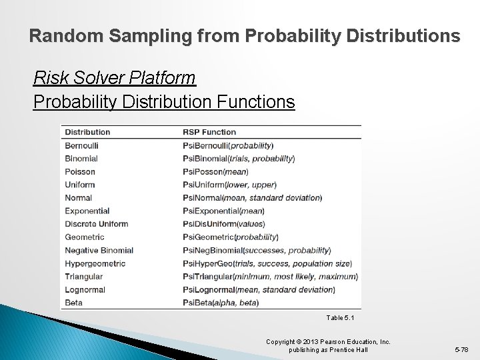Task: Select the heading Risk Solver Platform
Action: (114, 79)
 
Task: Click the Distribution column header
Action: (87, 132)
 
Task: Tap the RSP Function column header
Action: (209, 132)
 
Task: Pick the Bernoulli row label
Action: (81, 145)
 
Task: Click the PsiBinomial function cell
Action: (238, 159)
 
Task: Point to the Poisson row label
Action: (80, 171)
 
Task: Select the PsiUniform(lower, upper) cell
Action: (229, 185)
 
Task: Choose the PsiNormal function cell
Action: (251, 198)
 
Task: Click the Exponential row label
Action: (87, 211)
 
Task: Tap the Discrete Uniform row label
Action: (96, 224)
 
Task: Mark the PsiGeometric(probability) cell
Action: (230, 237)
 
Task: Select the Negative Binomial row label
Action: (99, 250)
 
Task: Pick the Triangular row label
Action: (83, 276)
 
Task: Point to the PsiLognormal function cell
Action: (258, 289)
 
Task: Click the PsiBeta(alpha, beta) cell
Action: (220, 303)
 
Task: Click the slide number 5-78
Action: (461, 349)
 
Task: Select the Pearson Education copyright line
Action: (328, 342)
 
